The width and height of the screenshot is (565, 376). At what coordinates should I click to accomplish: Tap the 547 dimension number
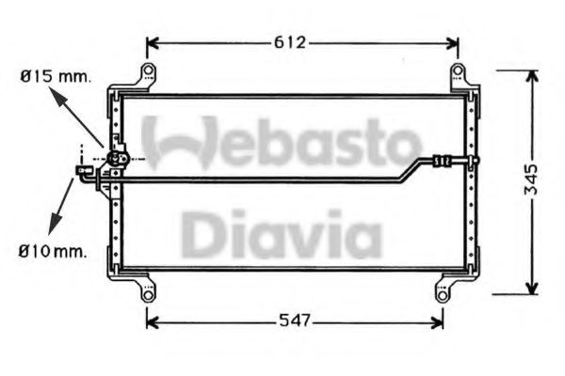[294, 321]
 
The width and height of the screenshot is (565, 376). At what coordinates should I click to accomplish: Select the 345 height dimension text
[532, 180]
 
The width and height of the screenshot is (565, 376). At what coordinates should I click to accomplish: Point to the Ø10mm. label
[52, 251]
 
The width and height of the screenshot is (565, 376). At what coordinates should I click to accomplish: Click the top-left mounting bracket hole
[146, 73]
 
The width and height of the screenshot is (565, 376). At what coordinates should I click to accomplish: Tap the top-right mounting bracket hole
[457, 73]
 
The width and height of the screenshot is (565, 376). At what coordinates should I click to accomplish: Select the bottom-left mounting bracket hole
[148, 293]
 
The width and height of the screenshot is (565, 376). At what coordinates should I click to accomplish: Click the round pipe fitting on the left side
[117, 160]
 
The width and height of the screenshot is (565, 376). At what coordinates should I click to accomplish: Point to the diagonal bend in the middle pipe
[410, 169]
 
